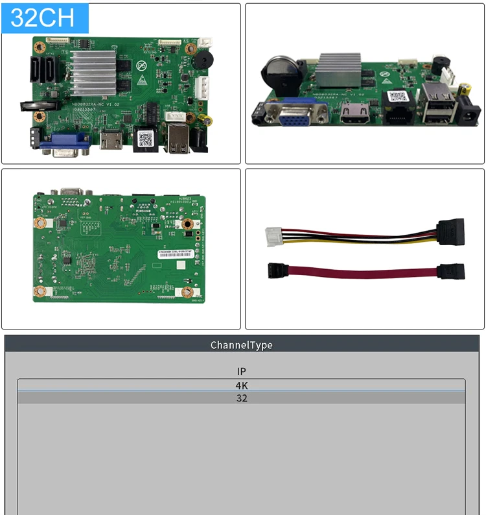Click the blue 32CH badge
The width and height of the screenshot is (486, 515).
(x=44, y=18)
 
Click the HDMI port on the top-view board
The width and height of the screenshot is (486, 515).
(x=110, y=139)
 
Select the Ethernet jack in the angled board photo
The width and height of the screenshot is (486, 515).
(x=395, y=114)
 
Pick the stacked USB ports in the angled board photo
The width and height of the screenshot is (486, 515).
(x=433, y=104)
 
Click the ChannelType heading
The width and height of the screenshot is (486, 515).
(x=242, y=344)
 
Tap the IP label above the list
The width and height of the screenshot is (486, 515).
(x=242, y=371)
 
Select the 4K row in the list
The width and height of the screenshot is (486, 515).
(x=242, y=385)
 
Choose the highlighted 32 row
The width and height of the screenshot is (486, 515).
(x=242, y=398)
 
